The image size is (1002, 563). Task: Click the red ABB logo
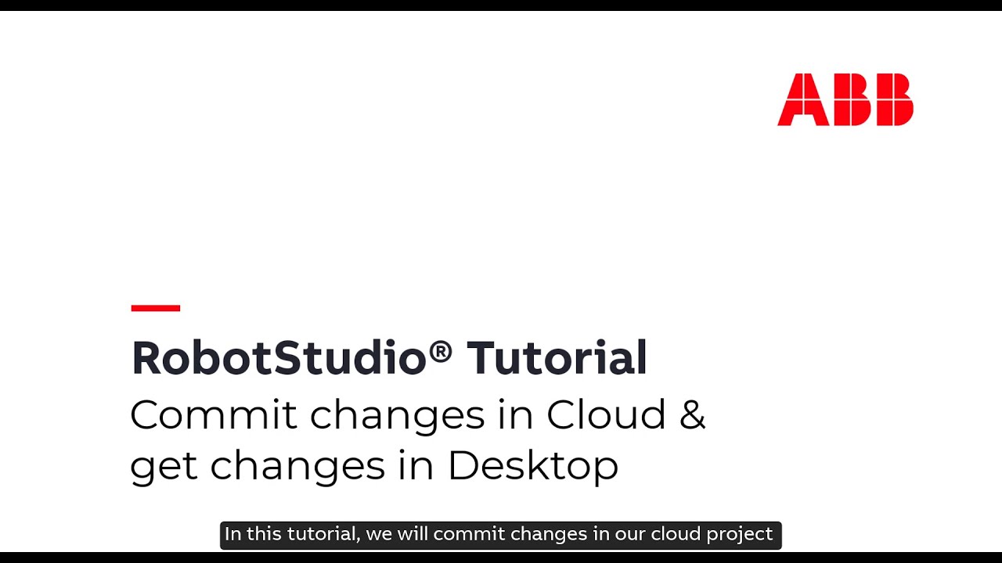(845, 99)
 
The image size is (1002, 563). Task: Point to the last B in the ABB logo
(893, 99)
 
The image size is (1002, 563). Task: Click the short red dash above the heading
(156, 308)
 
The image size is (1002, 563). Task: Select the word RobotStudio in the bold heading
(279, 358)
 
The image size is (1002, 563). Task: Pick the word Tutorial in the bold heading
(557, 358)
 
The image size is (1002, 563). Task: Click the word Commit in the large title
(213, 414)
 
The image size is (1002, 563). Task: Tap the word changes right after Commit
(397, 414)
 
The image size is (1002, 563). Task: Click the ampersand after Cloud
(692, 414)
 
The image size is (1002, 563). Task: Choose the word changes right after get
(297, 467)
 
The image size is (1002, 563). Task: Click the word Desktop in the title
(532, 467)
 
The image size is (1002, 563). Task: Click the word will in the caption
(413, 534)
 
